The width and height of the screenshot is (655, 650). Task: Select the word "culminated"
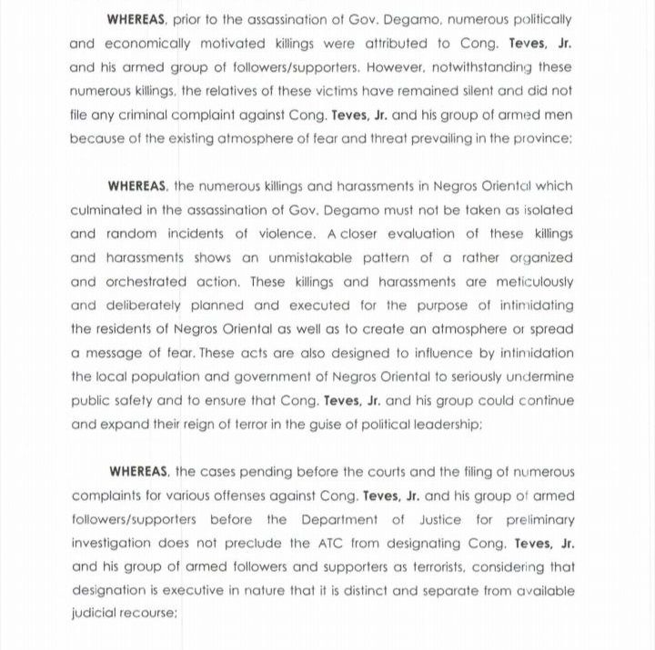pyautogui.click(x=104, y=209)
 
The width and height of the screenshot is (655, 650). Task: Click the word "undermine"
pyautogui.click(x=540, y=376)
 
